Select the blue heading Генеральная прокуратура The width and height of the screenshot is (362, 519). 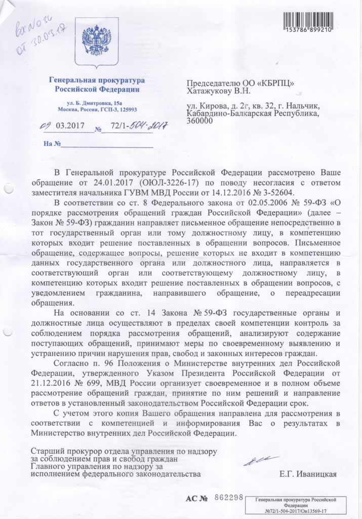97,81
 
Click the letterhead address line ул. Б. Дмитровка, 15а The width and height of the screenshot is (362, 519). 97,103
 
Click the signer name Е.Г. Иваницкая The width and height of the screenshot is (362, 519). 308,474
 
